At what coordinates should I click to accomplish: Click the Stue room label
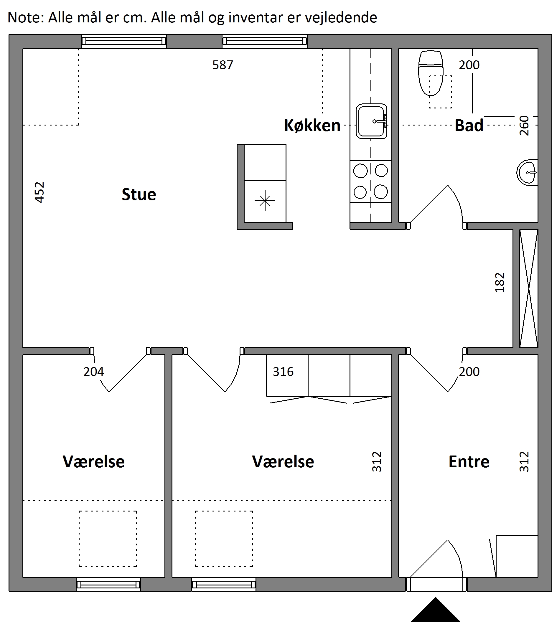pyautogui.click(x=139, y=194)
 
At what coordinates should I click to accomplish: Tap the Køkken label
pyautogui.click(x=312, y=126)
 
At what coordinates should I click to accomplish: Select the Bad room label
pyautogui.click(x=469, y=126)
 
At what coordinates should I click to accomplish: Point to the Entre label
pyautogui.click(x=469, y=462)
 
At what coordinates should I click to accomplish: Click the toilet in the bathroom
pyautogui.click(x=431, y=73)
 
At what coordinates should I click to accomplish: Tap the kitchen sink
pyautogui.click(x=371, y=121)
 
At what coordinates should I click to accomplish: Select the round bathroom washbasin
pyautogui.click(x=527, y=172)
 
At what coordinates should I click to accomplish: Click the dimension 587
pyautogui.click(x=223, y=65)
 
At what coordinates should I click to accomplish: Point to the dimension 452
pyautogui.click(x=39, y=192)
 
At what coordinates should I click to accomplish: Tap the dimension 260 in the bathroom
pyautogui.click(x=524, y=126)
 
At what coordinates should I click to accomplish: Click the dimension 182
pyautogui.click(x=500, y=283)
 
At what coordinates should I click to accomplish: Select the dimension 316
pyautogui.click(x=283, y=372)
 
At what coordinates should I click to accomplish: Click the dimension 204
pyautogui.click(x=94, y=372)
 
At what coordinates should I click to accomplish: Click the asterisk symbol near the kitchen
pyautogui.click(x=265, y=201)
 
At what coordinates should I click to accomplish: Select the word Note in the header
pyautogui.click(x=26, y=17)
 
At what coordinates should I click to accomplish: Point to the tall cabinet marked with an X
pyautogui.click(x=529, y=288)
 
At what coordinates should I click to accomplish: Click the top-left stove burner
pyautogui.click(x=361, y=171)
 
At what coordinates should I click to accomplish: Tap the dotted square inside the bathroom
pyautogui.click(x=440, y=92)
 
